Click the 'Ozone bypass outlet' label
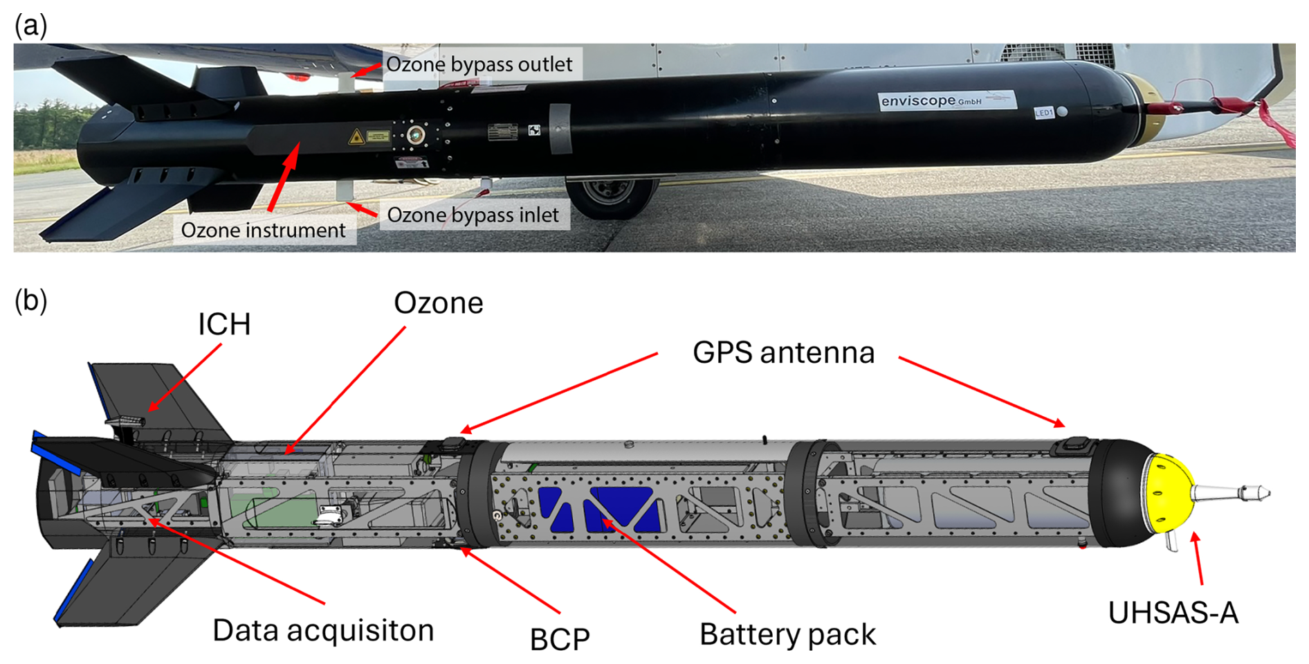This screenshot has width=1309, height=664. (x=479, y=64)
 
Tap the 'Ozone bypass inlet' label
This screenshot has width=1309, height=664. (x=473, y=215)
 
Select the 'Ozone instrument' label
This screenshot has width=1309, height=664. (x=263, y=231)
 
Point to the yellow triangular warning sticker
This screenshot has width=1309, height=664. (x=356, y=136)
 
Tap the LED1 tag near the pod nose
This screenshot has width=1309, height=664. (x=1043, y=113)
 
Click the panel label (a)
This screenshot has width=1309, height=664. (x=30, y=26)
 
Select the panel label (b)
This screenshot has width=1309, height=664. (x=30, y=300)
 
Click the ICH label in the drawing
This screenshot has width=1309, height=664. (x=224, y=324)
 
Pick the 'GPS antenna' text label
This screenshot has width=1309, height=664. (x=783, y=353)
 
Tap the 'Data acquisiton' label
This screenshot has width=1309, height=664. (x=323, y=631)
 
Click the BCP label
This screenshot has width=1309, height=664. (x=560, y=639)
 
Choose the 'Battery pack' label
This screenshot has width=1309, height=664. (x=787, y=635)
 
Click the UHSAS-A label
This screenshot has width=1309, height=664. (x=1173, y=613)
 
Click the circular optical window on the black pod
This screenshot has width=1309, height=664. (x=416, y=134)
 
